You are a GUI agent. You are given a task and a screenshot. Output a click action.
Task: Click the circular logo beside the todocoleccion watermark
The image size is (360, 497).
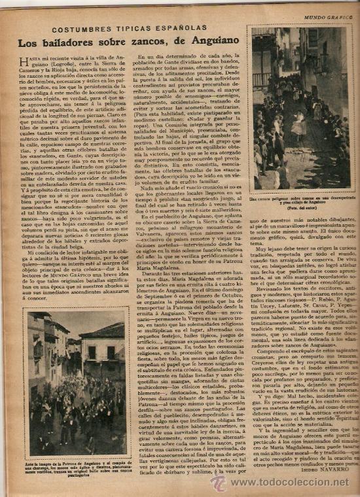pyautogui.click(x=219, y=483)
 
